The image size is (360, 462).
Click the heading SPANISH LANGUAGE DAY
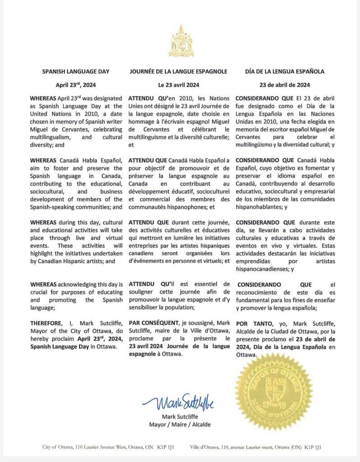[76, 71]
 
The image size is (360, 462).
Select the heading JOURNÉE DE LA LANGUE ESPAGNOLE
[178, 71]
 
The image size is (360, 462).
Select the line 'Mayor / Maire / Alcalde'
[180, 425]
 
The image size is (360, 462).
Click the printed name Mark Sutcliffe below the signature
[180, 416]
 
